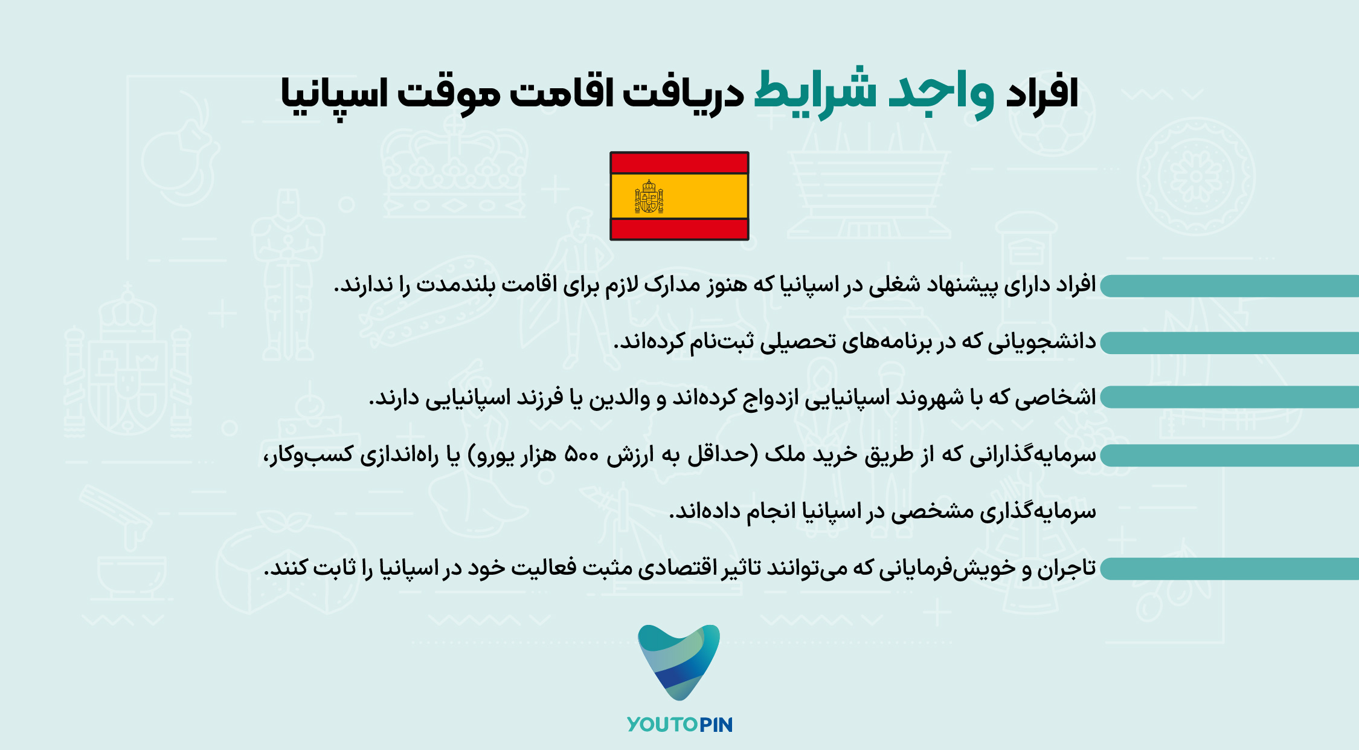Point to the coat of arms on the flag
(649, 196)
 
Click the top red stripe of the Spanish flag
(679, 163)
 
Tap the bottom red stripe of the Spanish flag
(679, 229)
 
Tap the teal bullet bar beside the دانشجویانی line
(1229, 343)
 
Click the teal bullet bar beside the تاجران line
(1229, 569)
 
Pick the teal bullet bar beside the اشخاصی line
(1229, 397)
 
